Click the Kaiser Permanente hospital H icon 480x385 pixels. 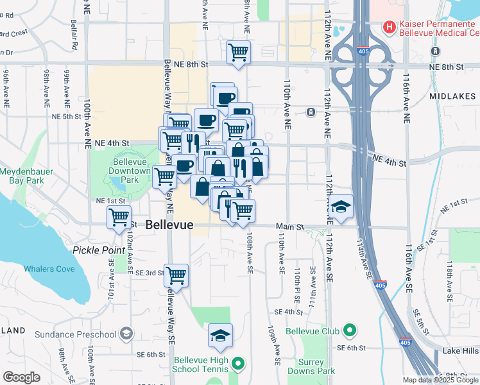(388, 28)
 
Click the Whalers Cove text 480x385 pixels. (49, 269)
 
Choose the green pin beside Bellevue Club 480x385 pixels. (349, 331)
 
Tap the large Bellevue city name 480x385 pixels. (169, 225)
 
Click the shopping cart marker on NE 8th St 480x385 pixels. (239, 52)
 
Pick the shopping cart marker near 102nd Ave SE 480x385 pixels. (119, 217)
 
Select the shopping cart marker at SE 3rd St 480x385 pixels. (176, 275)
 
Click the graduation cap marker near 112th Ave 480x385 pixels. (342, 207)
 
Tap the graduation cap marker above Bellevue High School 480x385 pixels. (220, 335)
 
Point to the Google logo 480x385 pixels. (21, 377)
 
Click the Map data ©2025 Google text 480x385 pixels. (440, 380)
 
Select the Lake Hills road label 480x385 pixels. (461, 351)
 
